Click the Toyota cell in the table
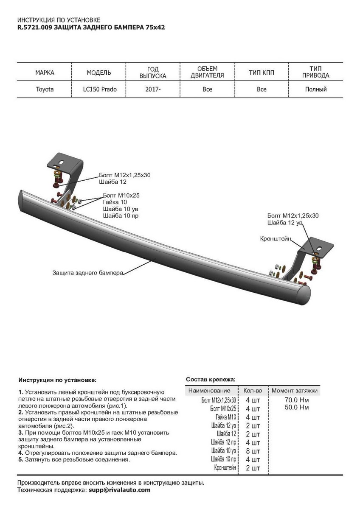45,89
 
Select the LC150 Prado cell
99,89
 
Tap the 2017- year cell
153,89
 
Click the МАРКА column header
45,73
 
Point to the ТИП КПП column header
262,73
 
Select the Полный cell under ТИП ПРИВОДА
316,89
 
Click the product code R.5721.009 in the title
35,27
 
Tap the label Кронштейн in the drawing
276,239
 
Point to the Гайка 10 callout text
115,202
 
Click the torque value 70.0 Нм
298,400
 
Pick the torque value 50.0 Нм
298,407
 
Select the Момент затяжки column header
295,391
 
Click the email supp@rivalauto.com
119,490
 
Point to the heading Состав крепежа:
211,379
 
